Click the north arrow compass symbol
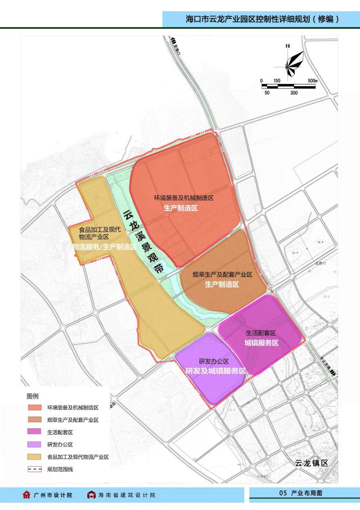293,62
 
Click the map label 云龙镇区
310,463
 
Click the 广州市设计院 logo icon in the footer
26,495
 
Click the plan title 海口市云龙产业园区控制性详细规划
262,19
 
